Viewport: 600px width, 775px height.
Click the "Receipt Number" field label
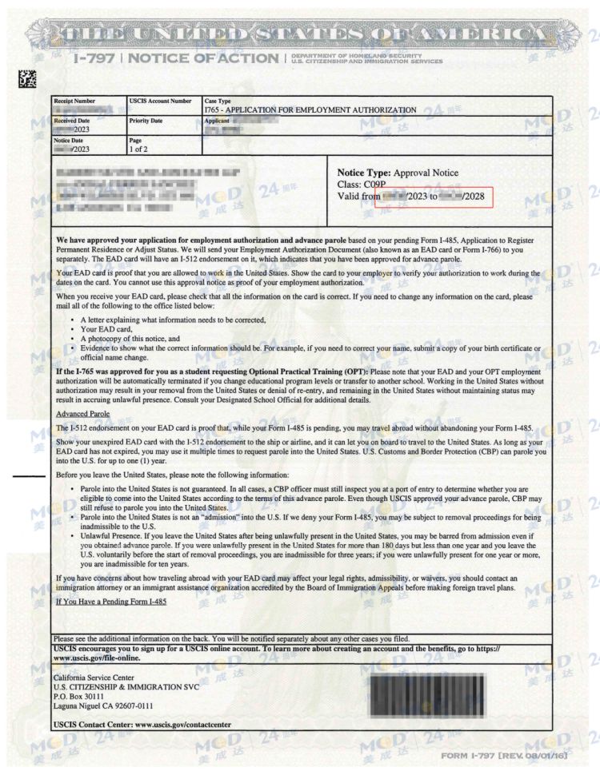click(74, 101)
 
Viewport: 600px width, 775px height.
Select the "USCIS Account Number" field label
click(160, 101)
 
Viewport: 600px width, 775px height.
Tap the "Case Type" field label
click(218, 101)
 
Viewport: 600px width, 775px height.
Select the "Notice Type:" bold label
click(363, 173)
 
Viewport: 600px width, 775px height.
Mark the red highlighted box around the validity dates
click(434, 197)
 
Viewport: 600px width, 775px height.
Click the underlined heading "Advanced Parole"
click(82, 414)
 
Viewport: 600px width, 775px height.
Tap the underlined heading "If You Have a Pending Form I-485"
click(110, 601)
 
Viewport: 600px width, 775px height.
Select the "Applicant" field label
click(220, 120)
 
